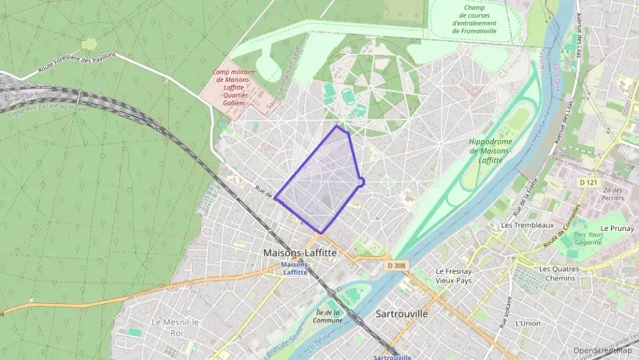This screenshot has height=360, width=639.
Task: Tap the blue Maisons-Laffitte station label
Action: (295, 268)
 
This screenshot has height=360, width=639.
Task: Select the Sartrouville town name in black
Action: (401, 314)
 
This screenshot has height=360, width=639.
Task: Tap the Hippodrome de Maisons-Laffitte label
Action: (495, 151)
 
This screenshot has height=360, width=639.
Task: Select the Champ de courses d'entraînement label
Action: (474, 19)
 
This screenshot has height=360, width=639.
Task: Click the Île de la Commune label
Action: (328, 315)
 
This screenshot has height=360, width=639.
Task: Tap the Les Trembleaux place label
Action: (526, 224)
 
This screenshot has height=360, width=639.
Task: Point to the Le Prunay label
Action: (614, 227)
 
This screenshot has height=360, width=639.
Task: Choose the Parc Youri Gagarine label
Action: (588, 238)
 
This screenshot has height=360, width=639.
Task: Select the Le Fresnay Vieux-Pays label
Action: (454, 275)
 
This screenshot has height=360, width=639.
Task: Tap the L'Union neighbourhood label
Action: (528, 323)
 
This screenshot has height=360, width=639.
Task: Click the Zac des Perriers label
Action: (614, 194)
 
